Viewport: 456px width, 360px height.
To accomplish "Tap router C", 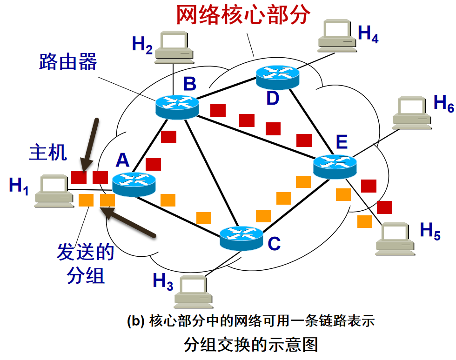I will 241,238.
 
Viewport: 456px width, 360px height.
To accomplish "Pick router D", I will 277,77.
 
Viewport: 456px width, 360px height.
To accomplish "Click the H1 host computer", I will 54,191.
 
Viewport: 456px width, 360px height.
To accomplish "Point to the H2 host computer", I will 174,47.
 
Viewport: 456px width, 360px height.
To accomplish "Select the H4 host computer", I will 336,35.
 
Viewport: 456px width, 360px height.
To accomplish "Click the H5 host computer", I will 395,239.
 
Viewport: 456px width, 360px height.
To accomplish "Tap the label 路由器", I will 68,61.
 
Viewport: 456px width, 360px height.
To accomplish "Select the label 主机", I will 48,153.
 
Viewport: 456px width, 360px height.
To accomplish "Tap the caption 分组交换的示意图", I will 250,345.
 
